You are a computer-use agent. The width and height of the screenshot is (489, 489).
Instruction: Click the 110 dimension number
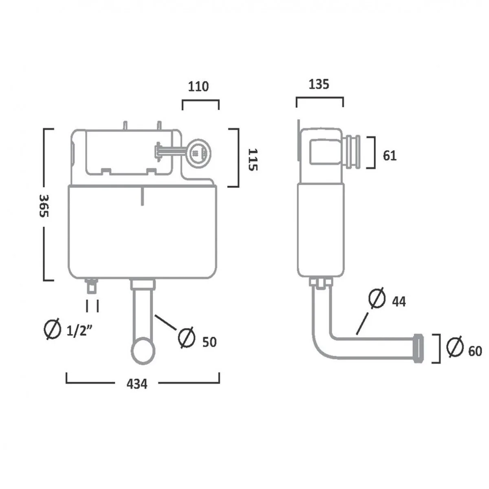coord(198,86)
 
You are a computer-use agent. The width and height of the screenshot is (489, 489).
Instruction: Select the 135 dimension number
coord(319,84)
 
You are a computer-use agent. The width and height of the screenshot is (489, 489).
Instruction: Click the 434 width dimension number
coord(137,384)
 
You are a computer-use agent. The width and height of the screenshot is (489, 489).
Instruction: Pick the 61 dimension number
coord(390,155)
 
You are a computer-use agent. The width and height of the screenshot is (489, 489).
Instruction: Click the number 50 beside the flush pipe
coord(209,342)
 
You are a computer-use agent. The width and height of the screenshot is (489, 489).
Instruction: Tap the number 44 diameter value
coord(399,302)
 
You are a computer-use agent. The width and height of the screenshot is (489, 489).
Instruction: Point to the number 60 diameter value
coord(475,351)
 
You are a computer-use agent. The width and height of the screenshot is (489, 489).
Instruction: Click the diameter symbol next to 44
coord(377,298)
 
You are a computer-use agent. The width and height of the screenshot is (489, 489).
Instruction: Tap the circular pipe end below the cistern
coord(143,350)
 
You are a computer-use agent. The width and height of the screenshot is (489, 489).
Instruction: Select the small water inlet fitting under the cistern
coord(93,286)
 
